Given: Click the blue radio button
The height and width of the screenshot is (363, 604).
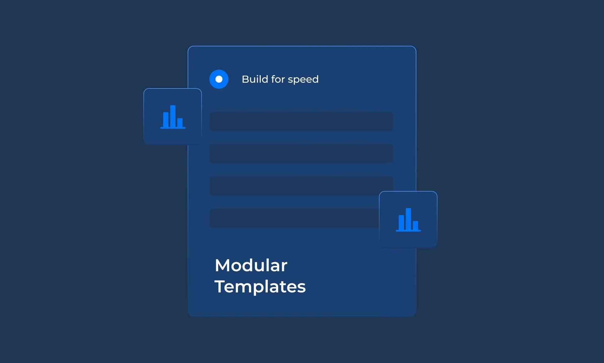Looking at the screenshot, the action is (219, 79).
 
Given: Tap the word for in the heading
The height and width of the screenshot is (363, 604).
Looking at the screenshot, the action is (278, 79).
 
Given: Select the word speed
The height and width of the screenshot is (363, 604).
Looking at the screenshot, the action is (303, 80).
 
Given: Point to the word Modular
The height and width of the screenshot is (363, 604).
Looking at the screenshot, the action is (251, 265).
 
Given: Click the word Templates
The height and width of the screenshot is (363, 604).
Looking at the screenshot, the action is (260, 287).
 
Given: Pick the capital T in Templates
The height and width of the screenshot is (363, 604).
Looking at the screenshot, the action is (220, 286).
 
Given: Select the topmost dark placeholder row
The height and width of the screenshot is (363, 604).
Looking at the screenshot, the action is (301, 121).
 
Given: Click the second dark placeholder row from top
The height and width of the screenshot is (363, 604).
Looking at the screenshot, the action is (301, 154).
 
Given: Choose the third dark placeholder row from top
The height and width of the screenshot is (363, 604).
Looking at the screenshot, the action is (301, 186).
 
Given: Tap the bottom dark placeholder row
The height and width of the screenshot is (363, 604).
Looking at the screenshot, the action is (294, 218).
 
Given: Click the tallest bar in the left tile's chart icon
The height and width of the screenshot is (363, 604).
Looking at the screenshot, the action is (173, 116).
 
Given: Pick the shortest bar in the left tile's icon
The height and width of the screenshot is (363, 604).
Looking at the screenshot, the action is (180, 122).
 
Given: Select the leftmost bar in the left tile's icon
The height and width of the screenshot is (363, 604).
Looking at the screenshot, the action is (166, 120).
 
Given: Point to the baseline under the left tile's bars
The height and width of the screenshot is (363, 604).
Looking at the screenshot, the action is (173, 128).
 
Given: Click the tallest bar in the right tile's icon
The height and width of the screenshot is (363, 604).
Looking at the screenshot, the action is (408, 219).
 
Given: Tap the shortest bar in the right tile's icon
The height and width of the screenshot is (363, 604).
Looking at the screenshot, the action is (415, 225).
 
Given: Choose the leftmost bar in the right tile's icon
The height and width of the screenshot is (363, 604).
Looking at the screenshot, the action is (401, 223).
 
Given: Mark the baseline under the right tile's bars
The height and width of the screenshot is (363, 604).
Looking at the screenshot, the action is (408, 231).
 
